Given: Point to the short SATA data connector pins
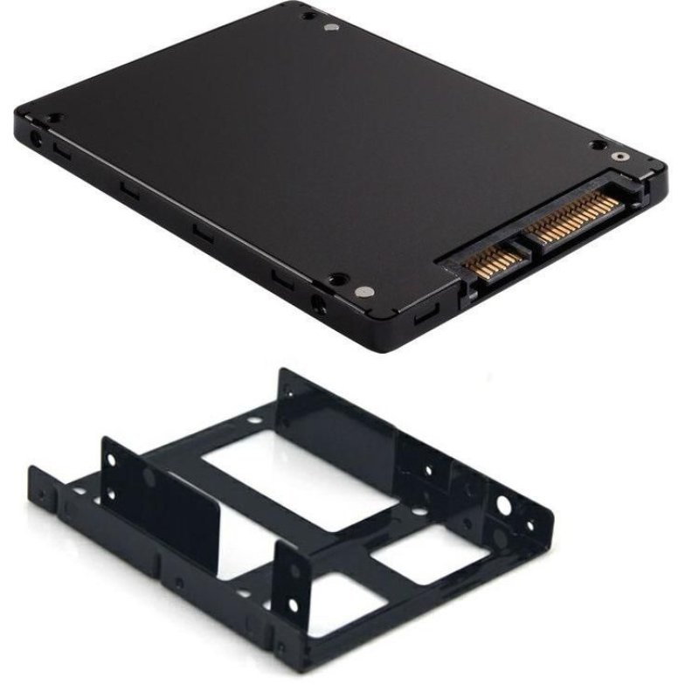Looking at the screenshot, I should click(494, 260).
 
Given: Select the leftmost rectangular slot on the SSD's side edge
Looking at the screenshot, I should click(60, 150).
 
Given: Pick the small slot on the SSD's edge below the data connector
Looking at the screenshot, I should click(426, 312).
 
